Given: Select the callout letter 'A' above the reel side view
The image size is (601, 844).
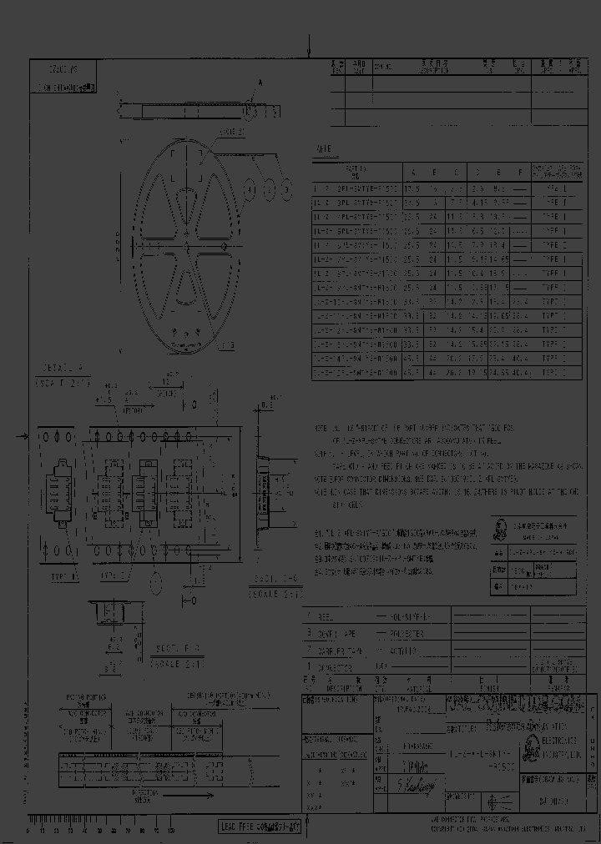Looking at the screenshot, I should pos(259,83).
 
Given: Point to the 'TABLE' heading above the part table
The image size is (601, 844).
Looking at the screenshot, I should pos(321,149).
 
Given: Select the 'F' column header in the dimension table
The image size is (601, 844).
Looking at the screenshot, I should pos(519,172).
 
